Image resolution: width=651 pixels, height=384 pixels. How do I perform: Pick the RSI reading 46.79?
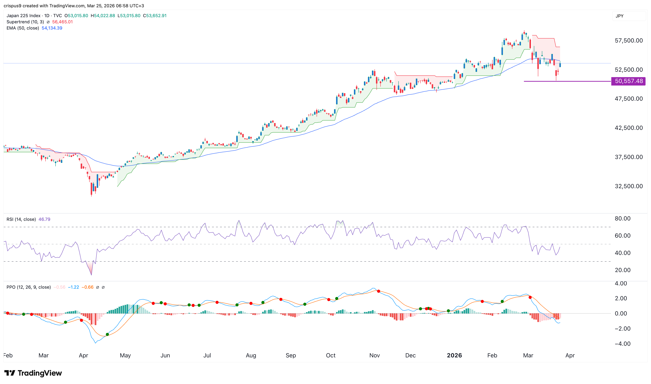click(44, 219)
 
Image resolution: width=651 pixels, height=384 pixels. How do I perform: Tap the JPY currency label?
click(619, 16)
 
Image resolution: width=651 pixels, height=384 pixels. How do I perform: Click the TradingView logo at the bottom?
click(33, 373)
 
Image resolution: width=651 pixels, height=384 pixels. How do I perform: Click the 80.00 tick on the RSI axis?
click(622, 219)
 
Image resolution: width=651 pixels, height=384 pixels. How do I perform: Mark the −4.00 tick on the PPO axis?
click(622, 344)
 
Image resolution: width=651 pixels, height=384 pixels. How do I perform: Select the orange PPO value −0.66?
click(87, 287)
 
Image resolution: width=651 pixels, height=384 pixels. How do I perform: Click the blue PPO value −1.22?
click(73, 287)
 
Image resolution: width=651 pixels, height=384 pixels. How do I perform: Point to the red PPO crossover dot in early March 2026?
click(530, 297)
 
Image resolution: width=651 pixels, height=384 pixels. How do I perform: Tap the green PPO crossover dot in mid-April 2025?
click(107, 335)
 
